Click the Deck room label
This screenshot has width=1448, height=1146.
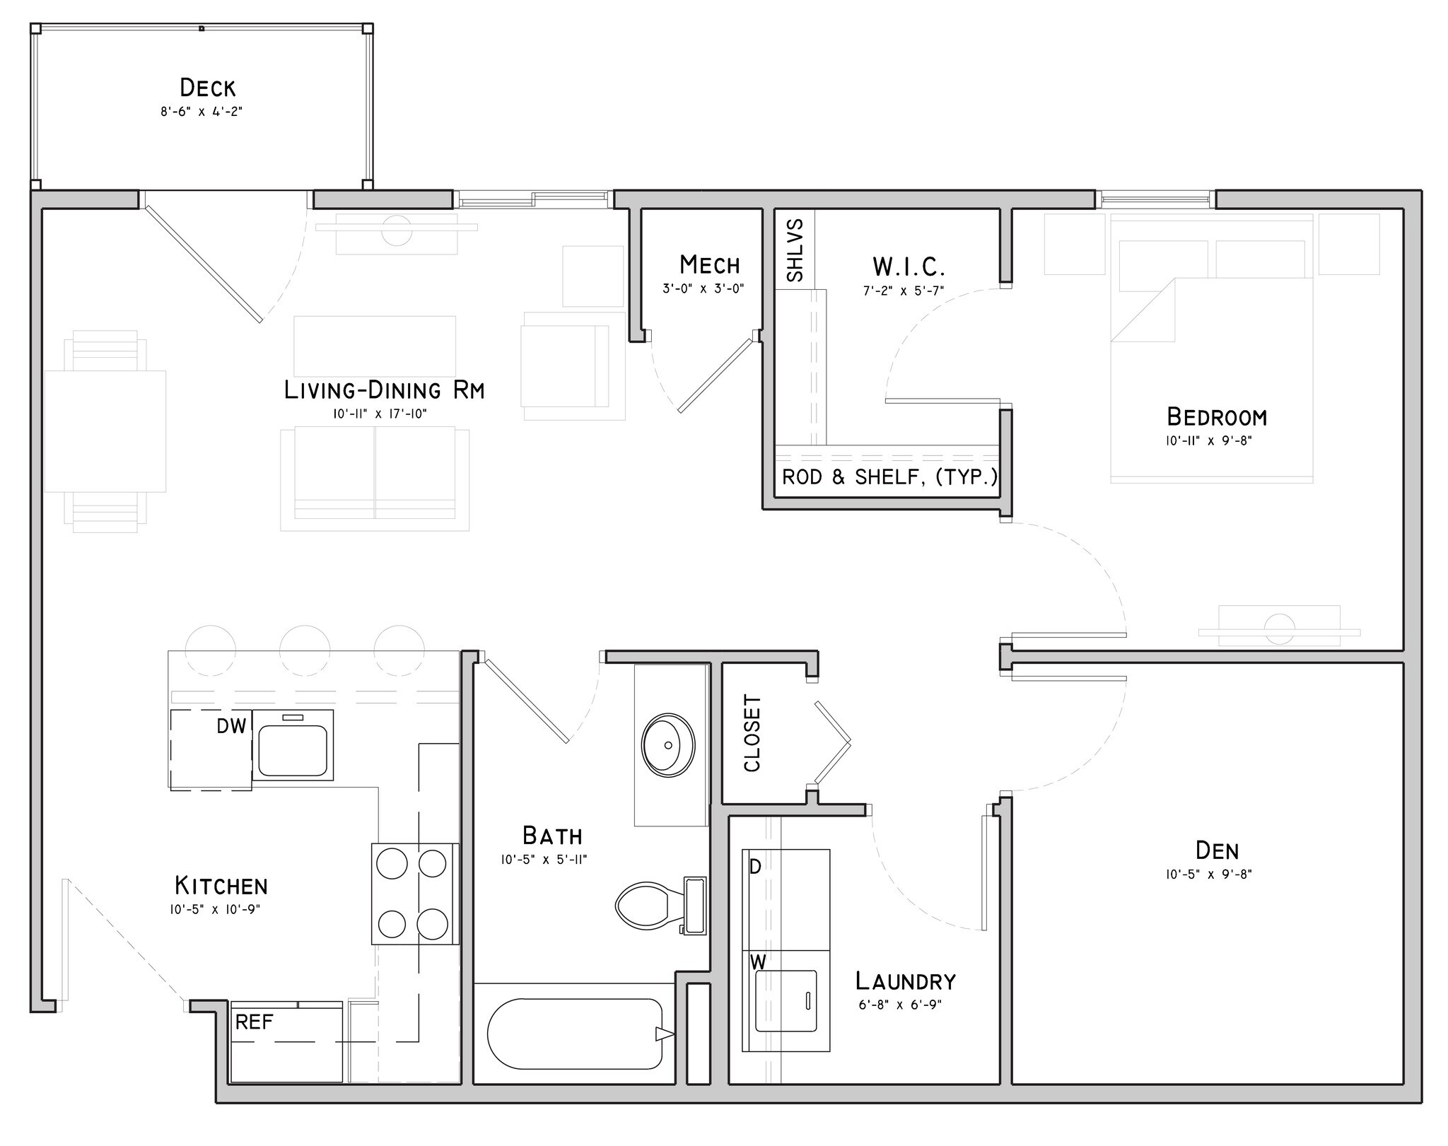(x=207, y=88)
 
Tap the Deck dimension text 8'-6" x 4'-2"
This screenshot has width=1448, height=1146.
(x=202, y=112)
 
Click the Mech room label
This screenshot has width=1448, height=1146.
(x=709, y=265)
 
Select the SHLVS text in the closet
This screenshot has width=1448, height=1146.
(x=795, y=250)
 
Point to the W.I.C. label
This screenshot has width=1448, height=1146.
(x=908, y=267)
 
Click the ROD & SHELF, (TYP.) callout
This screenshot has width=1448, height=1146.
(x=889, y=477)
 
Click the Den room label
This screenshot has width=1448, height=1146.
(x=1217, y=850)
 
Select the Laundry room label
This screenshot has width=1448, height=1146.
(x=905, y=981)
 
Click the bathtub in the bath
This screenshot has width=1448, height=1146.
(x=574, y=1034)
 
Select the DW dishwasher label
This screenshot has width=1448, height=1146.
(x=231, y=726)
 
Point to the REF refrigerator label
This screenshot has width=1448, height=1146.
(x=254, y=1022)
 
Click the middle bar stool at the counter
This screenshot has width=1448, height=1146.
(x=305, y=650)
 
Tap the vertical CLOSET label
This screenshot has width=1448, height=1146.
(x=752, y=733)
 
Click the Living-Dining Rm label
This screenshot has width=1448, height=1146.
(x=384, y=390)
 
